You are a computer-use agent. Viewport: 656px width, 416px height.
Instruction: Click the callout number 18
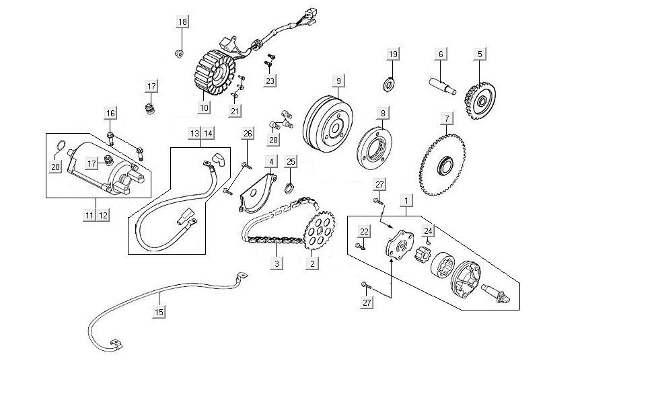tap(182, 22)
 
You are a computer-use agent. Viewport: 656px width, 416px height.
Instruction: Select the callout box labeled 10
tap(205, 108)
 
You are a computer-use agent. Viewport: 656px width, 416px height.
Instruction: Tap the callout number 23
tap(270, 81)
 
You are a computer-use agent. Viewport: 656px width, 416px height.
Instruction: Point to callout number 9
tap(338, 81)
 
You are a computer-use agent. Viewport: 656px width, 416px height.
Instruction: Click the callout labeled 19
tap(394, 54)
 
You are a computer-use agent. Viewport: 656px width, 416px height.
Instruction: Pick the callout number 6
tap(441, 54)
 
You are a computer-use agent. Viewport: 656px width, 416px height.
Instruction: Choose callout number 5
tap(480, 54)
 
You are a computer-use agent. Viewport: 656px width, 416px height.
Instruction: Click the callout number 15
tap(159, 313)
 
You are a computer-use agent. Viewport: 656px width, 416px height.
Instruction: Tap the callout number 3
tap(276, 263)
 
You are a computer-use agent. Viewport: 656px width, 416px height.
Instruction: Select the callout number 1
tap(406, 200)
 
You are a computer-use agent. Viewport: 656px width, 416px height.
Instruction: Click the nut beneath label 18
tap(179, 52)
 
